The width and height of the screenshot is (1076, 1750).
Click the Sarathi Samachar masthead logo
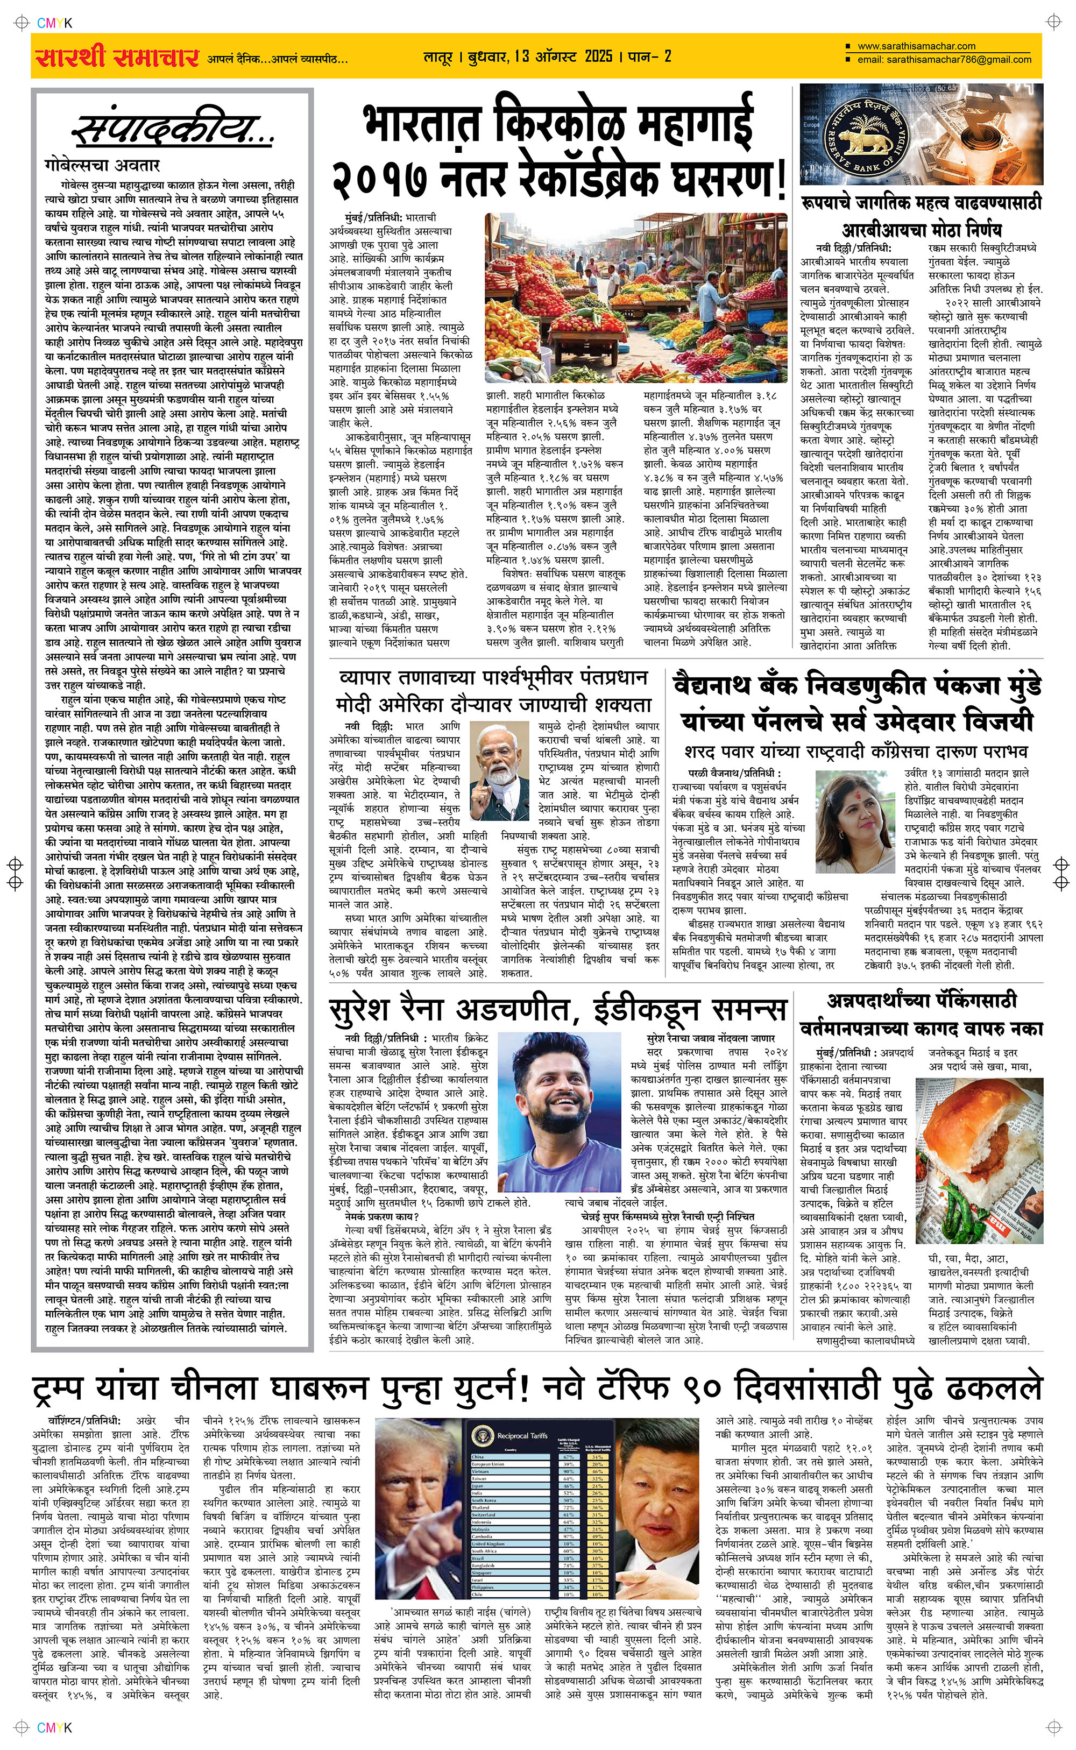pyautogui.click(x=117, y=57)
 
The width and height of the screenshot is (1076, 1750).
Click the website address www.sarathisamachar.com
pyautogui.click(x=916, y=46)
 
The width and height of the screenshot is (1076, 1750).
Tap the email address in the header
pyautogui.click(x=944, y=60)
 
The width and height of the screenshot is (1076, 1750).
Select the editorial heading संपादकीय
pyautogui.click(x=172, y=130)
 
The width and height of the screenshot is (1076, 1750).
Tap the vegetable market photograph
pyautogui.click(x=635, y=297)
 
